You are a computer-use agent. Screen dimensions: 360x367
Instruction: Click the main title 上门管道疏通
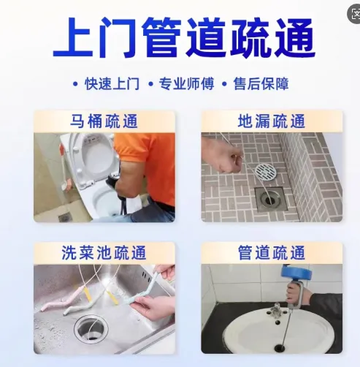pos(184,38)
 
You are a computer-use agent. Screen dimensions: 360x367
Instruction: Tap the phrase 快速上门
pos(112,84)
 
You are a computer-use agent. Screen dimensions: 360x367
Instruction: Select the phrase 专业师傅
pos(186,84)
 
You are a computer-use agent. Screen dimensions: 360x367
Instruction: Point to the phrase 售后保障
pos(261,84)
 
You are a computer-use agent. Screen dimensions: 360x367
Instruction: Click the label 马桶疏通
pos(104,121)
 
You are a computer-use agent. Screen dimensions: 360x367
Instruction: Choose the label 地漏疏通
pos(272,121)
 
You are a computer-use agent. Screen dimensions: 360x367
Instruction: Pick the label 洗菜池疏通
pos(104,253)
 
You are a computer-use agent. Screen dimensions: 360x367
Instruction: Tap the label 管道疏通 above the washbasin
pos(272,253)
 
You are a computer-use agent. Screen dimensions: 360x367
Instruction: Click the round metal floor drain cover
pos(266,172)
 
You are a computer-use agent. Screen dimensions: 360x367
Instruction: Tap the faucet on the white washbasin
pos(276,311)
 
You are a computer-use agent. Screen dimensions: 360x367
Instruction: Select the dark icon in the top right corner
pos(354,14)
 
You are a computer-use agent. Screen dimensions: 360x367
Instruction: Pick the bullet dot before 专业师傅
pos(150,84)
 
